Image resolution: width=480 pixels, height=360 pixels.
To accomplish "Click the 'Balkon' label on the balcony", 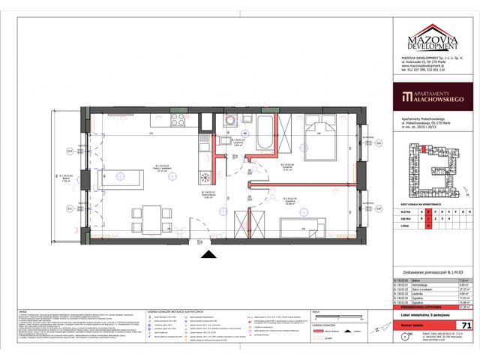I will pyautogui.click(x=64, y=177).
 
